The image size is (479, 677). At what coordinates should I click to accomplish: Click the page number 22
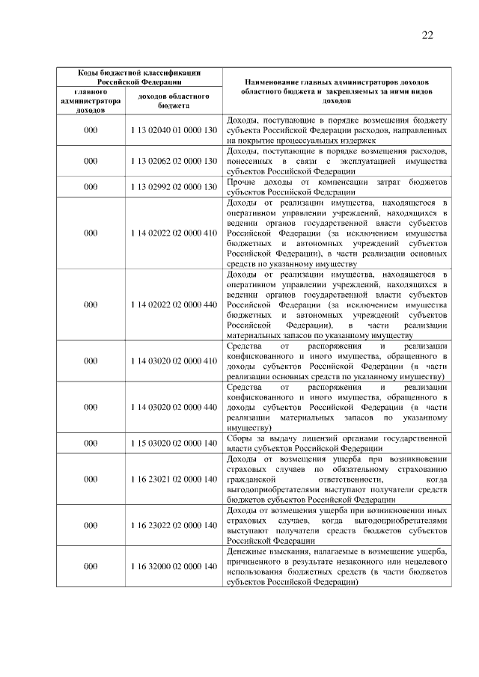(x=427, y=34)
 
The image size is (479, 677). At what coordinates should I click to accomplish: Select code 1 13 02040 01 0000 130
(x=173, y=129)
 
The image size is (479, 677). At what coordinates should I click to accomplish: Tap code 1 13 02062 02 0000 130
(x=173, y=161)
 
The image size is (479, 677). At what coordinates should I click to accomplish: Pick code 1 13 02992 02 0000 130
(x=173, y=186)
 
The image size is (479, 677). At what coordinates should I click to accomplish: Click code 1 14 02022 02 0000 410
(x=173, y=233)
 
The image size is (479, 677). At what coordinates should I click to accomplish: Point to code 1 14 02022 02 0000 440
(x=173, y=305)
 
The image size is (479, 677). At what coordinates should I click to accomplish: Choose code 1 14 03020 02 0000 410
(x=173, y=361)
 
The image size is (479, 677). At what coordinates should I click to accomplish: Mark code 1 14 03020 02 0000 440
(x=173, y=407)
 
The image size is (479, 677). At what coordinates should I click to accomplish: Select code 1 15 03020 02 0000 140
(x=173, y=443)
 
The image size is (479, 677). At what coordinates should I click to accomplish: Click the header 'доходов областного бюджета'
(x=173, y=101)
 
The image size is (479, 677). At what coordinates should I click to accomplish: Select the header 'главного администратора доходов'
(x=91, y=101)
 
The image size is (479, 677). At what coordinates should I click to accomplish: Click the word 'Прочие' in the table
(x=240, y=181)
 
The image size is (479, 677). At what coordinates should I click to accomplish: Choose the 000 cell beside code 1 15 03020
(x=91, y=443)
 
